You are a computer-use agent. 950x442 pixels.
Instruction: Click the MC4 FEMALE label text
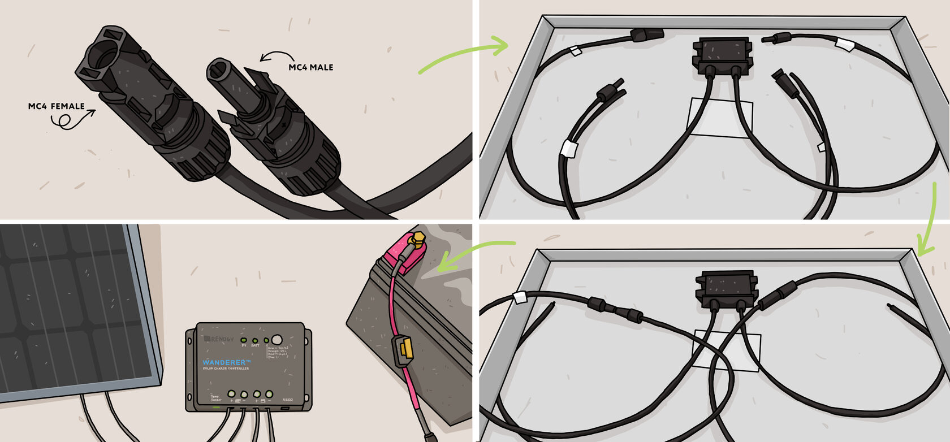pos(56,106)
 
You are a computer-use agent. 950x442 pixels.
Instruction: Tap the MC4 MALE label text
pos(310,67)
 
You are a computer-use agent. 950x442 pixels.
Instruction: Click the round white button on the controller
pos(277,339)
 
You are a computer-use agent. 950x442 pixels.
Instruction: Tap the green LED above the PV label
pos(244,340)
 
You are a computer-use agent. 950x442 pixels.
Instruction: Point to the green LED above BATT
pos(255,341)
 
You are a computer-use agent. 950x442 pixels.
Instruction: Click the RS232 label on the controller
pos(287,400)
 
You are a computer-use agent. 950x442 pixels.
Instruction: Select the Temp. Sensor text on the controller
pos(215,398)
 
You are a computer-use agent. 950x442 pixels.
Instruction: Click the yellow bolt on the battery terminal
pos(418,238)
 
